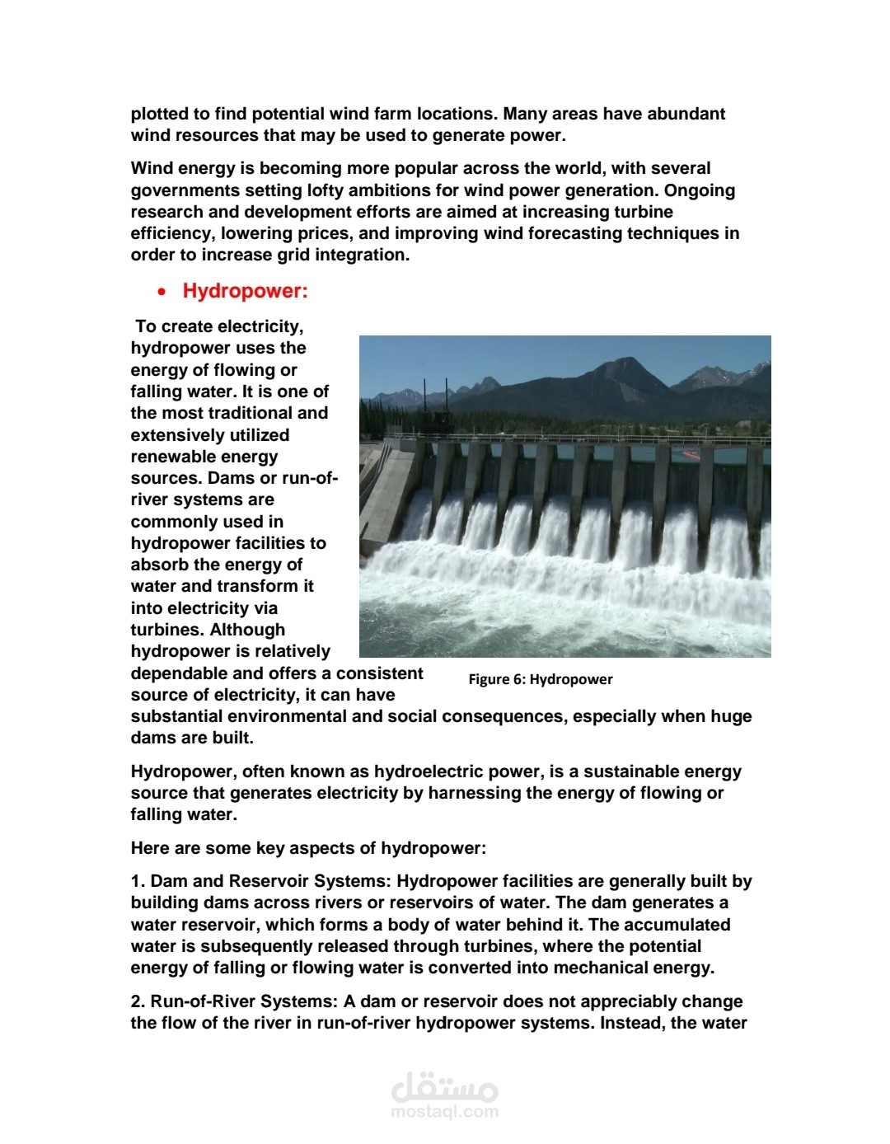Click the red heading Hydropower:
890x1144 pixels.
[x=245, y=291]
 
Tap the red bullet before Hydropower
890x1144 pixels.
[x=162, y=292]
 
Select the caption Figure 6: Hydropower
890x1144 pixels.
[x=541, y=679]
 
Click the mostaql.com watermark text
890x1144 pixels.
[x=445, y=1111]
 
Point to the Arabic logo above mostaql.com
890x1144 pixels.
[x=445, y=1087]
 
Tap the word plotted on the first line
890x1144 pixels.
[x=160, y=114]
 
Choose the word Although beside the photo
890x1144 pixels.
[x=247, y=630]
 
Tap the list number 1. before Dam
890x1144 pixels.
[x=138, y=881]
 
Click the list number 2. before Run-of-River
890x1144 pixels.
[x=138, y=1001]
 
